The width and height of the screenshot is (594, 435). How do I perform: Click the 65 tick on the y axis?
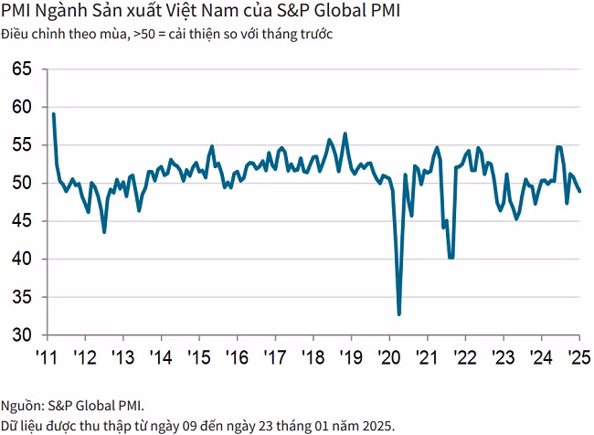23,69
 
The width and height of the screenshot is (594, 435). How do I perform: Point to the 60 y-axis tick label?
23,107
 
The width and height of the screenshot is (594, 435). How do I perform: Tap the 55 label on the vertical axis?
23,145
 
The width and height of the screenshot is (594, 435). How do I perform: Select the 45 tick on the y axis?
23,221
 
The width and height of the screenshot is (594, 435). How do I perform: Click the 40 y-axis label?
23,260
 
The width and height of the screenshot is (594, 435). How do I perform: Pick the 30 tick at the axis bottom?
23,335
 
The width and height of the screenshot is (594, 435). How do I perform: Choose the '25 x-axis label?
578,355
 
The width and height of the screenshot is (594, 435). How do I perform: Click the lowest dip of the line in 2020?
399,314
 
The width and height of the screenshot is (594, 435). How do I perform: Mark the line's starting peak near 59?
54,113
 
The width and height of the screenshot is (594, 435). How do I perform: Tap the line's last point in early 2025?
580,191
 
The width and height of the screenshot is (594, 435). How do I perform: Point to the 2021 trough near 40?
451,258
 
